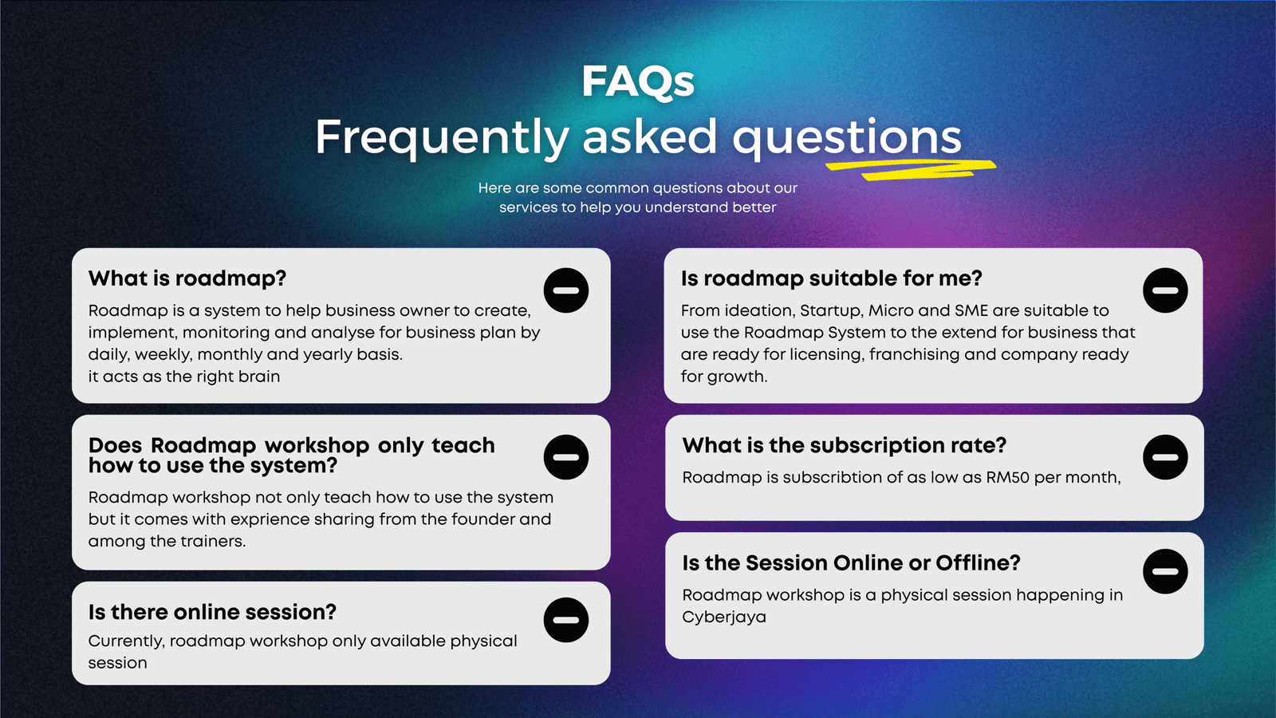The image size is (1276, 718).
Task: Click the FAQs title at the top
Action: [638, 82]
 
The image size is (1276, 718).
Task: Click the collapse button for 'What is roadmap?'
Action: [565, 290]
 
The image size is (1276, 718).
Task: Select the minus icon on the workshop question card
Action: [565, 457]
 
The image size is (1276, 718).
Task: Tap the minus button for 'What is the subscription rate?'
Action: [1165, 457]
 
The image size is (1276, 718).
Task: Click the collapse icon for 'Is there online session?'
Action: [565, 620]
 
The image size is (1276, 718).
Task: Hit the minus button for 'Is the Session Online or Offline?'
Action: [1165, 571]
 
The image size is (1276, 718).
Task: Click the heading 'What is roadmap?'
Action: [187, 278]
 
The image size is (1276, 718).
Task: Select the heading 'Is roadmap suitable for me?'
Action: [831, 278]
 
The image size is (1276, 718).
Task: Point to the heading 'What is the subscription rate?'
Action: [845, 446]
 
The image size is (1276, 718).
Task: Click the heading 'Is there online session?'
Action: [212, 612]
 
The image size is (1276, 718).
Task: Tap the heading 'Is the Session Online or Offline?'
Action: [851, 563]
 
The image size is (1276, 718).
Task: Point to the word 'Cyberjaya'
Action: [724, 617]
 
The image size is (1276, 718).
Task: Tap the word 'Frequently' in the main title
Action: [442, 137]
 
